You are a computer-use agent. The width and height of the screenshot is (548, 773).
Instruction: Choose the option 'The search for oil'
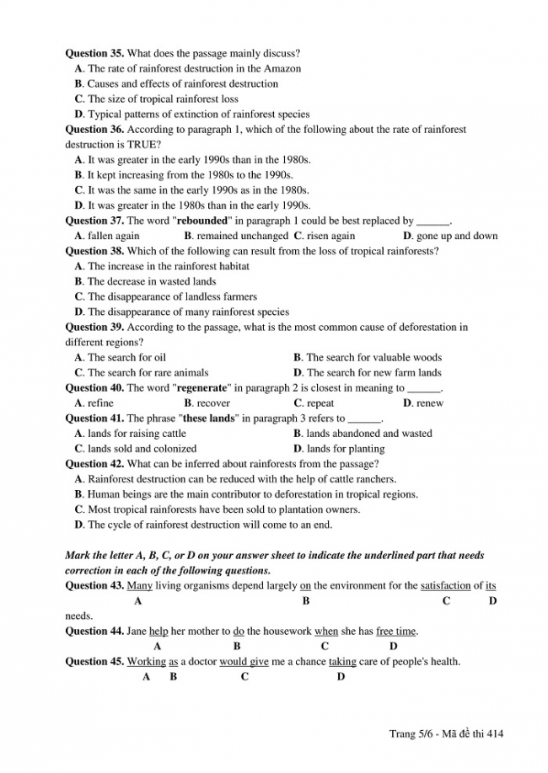[126, 357]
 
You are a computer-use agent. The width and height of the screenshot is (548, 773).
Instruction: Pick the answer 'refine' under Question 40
[100, 403]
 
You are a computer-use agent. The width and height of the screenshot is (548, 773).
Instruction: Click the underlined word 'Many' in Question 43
[139, 585]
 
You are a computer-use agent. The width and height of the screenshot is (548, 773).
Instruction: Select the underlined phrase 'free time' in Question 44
[396, 631]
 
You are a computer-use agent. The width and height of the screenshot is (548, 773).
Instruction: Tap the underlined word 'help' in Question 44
[158, 631]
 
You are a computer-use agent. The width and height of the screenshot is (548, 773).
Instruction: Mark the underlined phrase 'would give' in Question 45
[244, 661]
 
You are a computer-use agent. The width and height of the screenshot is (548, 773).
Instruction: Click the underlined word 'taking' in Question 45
[342, 661]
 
